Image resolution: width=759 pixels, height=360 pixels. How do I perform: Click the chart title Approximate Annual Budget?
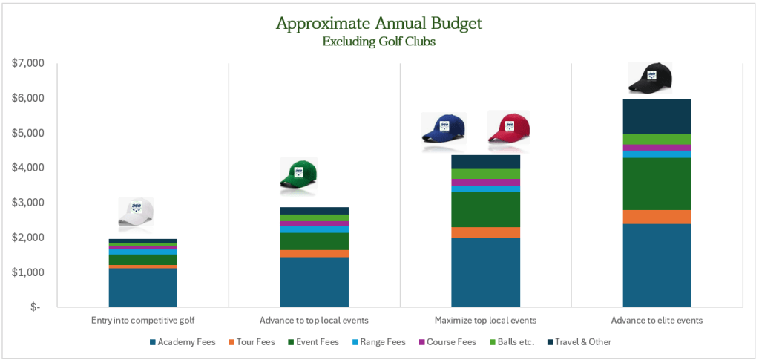[x=378, y=23]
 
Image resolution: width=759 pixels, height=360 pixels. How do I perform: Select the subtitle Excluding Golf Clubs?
[x=378, y=42]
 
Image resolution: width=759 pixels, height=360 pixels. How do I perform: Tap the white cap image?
[x=136, y=214]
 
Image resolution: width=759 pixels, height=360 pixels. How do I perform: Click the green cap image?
[x=298, y=175]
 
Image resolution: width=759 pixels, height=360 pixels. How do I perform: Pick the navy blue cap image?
[x=444, y=129]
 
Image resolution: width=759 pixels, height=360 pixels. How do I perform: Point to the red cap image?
[x=510, y=128]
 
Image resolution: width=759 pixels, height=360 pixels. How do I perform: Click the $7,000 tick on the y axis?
[x=28, y=64]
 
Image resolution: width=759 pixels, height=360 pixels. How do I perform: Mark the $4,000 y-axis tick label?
[x=28, y=168]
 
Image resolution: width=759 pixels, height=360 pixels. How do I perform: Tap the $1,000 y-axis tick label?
[x=28, y=272]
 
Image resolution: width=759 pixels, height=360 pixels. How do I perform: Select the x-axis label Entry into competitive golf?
[x=142, y=320]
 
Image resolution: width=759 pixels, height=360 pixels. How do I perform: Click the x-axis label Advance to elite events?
[x=657, y=320]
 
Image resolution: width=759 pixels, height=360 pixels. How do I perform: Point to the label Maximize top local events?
[x=485, y=320]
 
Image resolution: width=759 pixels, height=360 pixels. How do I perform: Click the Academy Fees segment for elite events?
[x=657, y=265]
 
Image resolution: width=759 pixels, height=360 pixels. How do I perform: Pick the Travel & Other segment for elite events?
[x=657, y=117]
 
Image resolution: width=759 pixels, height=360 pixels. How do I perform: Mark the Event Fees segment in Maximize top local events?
[x=485, y=209]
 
